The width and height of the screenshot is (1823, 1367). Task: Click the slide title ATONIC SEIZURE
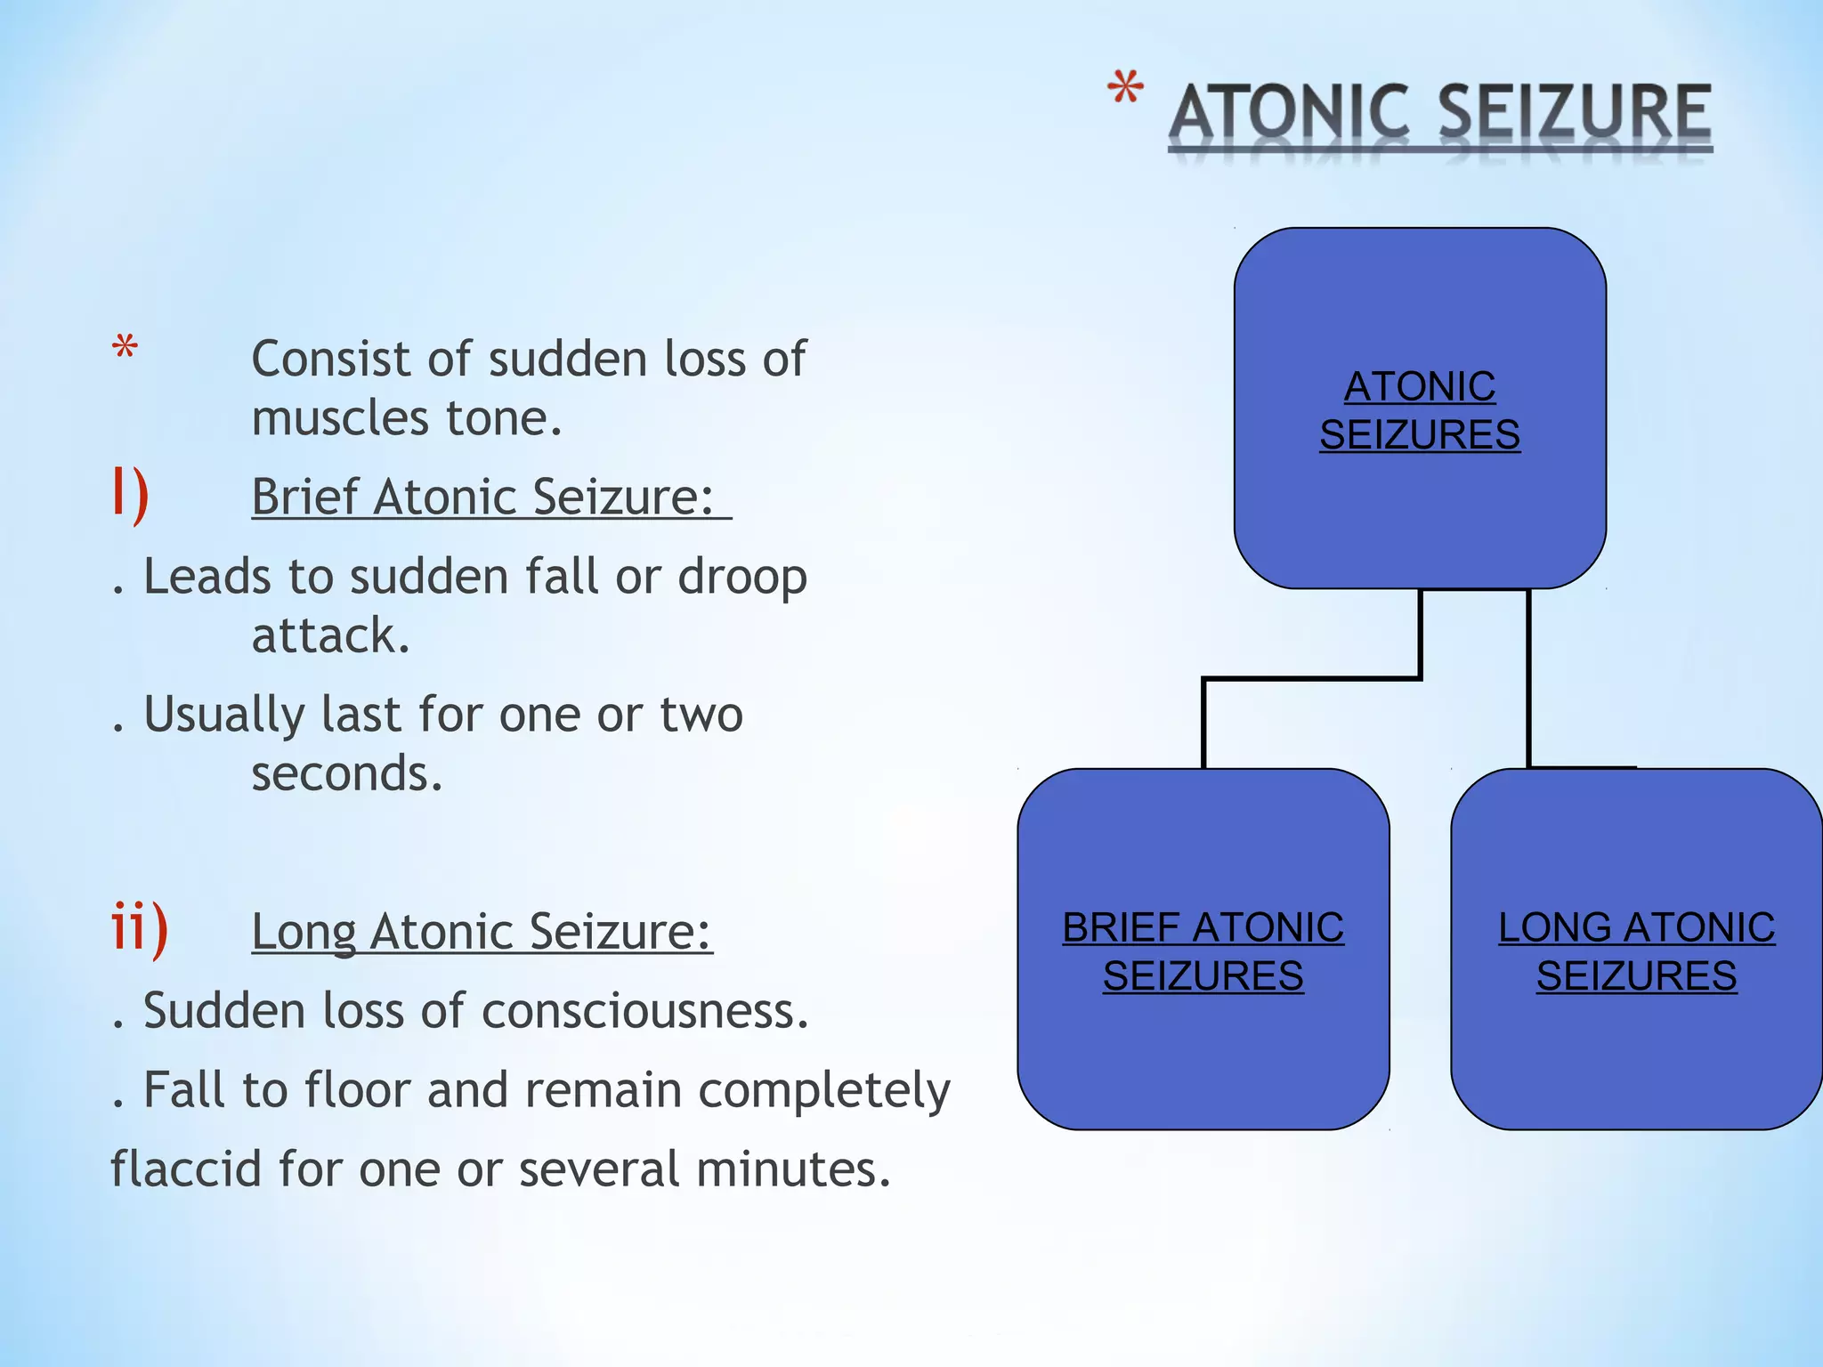click(x=1440, y=113)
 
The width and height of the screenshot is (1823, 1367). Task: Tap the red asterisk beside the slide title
click(x=1125, y=93)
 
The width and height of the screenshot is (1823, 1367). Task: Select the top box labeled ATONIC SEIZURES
click(x=1420, y=408)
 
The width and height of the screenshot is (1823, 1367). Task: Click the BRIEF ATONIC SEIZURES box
click(x=1203, y=950)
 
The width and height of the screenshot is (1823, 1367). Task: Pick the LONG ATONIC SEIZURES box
click(x=1636, y=950)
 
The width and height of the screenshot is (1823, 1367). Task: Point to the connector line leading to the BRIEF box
click(x=1310, y=679)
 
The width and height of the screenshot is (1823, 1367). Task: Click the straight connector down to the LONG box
click(x=1529, y=676)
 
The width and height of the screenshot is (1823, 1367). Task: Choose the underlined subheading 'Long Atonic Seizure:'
click(x=482, y=931)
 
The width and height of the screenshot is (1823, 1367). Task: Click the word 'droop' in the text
click(x=742, y=578)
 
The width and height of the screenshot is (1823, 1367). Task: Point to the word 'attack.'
click(x=330, y=635)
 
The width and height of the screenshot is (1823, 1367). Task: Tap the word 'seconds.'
click(x=346, y=772)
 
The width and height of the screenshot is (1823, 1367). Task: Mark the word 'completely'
click(x=824, y=1091)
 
